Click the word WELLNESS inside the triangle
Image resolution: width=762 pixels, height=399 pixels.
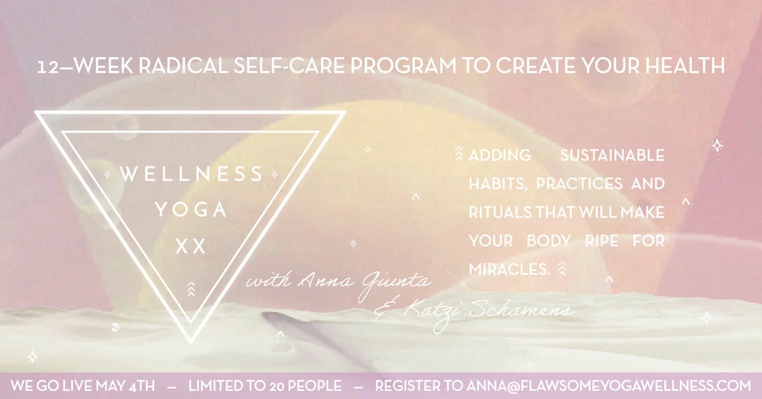coord(191,174)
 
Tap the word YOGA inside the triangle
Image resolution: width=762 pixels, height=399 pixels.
coord(191,210)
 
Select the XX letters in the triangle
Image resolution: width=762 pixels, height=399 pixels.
coord(191,247)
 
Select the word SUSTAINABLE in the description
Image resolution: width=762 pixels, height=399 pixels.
coord(612,156)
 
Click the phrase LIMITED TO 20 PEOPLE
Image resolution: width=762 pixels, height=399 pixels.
coord(265,385)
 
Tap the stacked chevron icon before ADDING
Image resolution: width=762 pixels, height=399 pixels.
coord(458,155)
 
